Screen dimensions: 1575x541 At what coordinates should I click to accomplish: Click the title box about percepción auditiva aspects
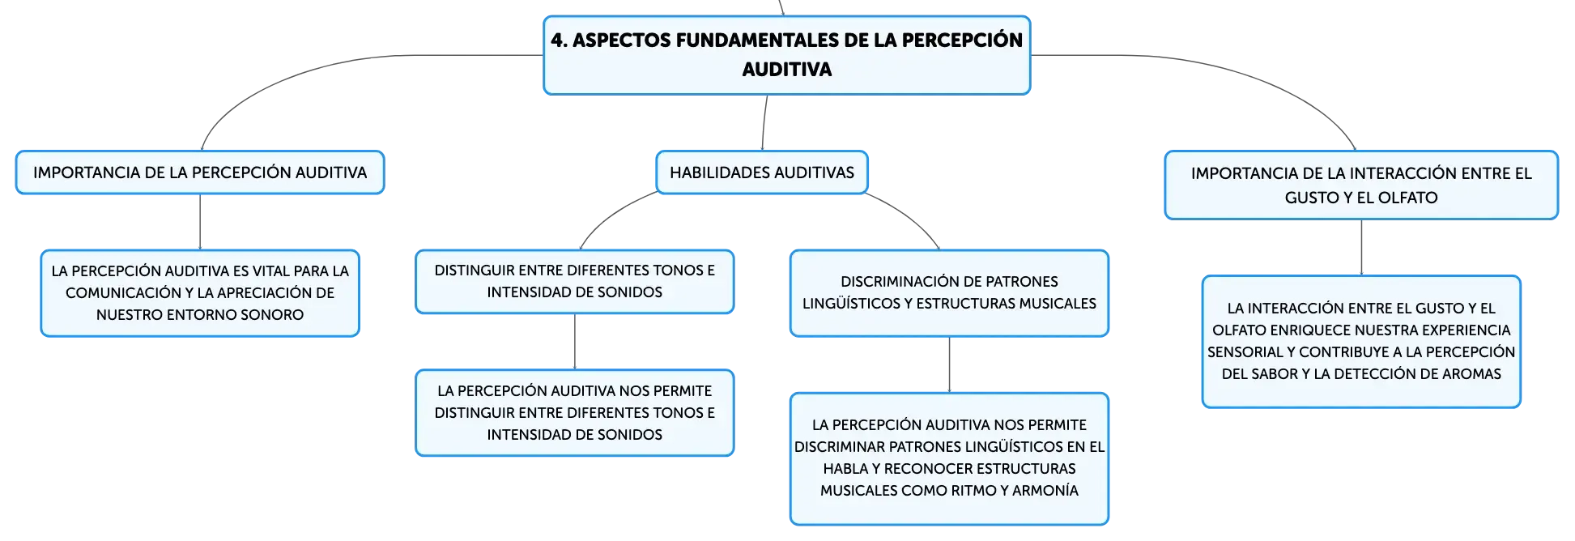(x=786, y=55)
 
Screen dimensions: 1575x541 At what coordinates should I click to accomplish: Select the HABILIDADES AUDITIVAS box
(x=762, y=173)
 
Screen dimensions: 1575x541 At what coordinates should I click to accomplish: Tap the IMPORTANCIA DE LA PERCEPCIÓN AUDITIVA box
(x=200, y=173)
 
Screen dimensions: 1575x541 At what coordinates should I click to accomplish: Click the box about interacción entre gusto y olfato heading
(x=1361, y=185)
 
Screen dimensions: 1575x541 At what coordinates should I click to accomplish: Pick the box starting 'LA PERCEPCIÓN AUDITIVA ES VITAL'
(x=200, y=293)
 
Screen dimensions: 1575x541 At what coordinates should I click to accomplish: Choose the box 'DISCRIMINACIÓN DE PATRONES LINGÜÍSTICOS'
(x=949, y=293)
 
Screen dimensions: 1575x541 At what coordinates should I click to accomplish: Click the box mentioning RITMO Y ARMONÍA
(x=949, y=458)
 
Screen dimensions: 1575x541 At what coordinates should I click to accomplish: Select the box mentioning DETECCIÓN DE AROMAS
(x=1361, y=342)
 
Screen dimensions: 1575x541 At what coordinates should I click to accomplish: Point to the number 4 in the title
(x=556, y=40)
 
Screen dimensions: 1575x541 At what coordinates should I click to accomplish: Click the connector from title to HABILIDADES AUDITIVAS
(x=764, y=123)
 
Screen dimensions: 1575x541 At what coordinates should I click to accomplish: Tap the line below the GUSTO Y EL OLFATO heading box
(x=1361, y=248)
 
